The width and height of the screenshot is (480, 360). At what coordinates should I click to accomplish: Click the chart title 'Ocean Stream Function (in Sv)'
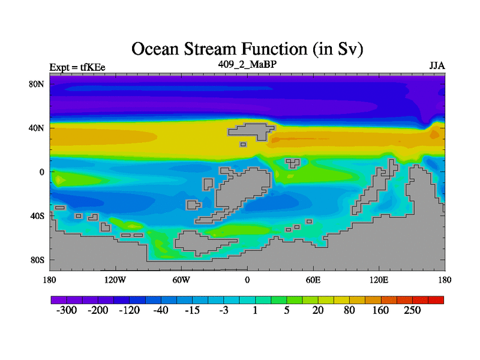247,49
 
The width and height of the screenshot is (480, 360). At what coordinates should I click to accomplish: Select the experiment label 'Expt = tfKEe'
77,67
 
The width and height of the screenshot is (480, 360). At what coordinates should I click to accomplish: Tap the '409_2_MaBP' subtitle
247,64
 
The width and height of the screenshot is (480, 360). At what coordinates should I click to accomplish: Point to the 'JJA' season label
437,66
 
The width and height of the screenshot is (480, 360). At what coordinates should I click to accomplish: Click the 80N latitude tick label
37,84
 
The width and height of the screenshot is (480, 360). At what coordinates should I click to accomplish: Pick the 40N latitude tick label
37,128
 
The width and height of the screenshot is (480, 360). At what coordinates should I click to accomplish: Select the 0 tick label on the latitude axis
41,172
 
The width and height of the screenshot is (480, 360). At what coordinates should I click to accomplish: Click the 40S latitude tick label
37,216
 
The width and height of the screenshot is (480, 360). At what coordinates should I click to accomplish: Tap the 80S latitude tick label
37,260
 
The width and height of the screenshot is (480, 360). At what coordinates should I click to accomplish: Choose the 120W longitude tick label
115,280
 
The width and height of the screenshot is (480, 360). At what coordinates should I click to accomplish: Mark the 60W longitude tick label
181,280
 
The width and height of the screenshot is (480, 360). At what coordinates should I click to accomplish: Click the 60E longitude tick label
313,280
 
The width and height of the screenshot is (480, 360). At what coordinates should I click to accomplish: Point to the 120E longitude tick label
379,280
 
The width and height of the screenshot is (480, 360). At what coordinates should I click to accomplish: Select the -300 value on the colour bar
67,310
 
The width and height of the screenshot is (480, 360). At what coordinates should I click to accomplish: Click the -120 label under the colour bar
130,310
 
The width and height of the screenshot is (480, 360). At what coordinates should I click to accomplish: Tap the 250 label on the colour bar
412,310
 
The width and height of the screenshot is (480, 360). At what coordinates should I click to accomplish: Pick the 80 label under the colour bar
349,310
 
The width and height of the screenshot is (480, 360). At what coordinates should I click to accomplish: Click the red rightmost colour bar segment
436,300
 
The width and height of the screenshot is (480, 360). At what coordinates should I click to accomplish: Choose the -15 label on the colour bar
192,310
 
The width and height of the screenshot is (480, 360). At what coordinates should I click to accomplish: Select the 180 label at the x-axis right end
445,280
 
